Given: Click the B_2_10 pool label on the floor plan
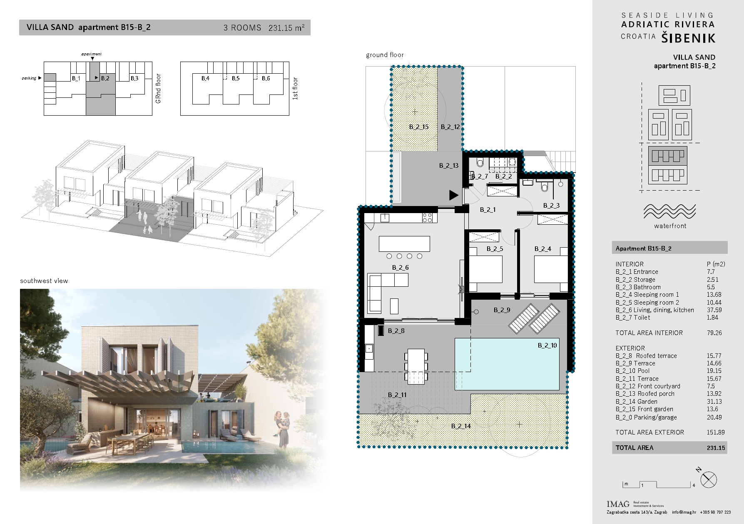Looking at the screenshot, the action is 547,345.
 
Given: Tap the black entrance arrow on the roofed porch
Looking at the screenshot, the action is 453,195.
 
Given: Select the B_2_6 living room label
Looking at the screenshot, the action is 400,268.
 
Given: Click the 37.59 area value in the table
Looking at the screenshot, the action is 714,310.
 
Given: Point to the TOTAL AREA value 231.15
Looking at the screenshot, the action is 716,448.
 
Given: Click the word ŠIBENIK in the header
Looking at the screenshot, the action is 689,38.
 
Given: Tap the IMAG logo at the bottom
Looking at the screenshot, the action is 618,504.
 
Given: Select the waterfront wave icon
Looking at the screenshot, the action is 669,211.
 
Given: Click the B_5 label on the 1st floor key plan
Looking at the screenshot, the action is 236,78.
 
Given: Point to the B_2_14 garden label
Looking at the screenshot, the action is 461,426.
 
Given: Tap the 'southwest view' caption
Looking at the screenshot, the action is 44,281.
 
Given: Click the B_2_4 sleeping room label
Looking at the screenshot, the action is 542,249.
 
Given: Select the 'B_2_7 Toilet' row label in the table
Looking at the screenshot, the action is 632,318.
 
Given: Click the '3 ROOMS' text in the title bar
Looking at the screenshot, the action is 242,28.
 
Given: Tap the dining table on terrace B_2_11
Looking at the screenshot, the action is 416,366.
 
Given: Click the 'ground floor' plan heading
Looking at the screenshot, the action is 385,55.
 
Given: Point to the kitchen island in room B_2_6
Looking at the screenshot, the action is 404,244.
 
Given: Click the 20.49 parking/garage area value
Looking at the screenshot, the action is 714,417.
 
